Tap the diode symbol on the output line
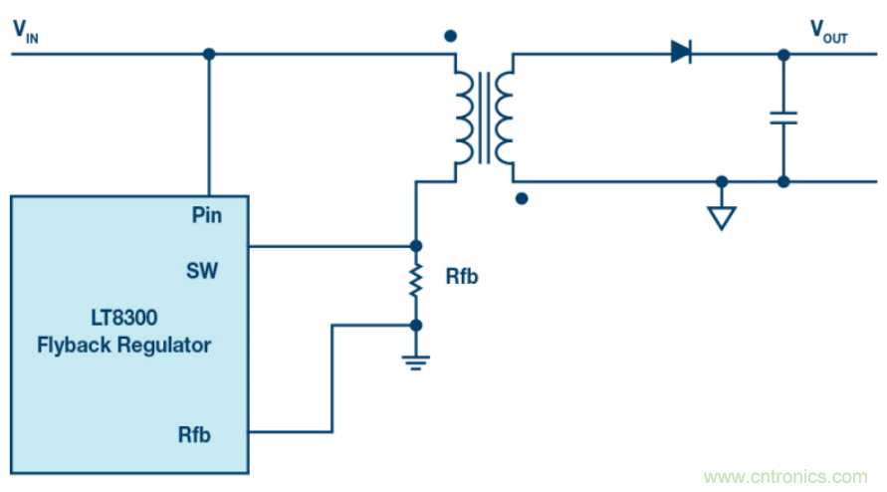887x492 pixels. (x=682, y=52)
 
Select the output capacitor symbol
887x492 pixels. (x=783, y=118)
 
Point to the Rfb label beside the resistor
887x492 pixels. (x=461, y=276)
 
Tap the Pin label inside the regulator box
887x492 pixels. (x=205, y=214)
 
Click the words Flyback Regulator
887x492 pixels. (x=130, y=346)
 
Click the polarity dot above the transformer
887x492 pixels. (x=450, y=36)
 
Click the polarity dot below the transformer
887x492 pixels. (x=522, y=198)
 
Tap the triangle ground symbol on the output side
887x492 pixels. (x=722, y=218)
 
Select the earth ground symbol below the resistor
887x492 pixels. (x=416, y=362)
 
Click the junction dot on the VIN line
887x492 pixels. (x=209, y=53)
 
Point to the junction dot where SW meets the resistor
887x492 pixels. (x=416, y=245)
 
